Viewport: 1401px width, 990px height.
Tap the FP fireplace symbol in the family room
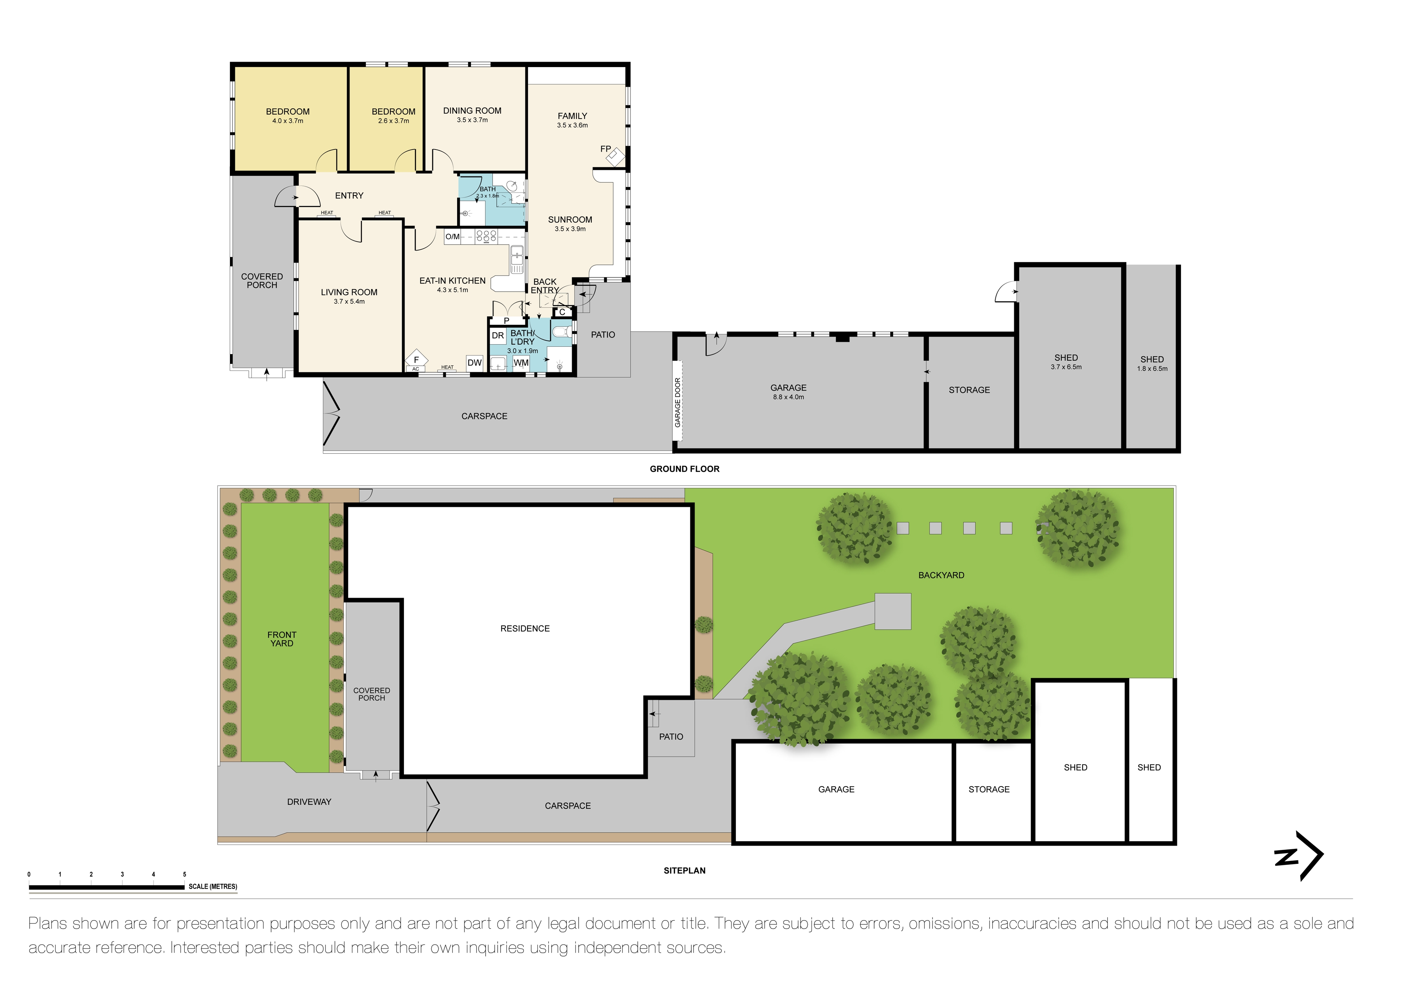tap(614, 156)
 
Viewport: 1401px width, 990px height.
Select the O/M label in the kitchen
tap(452, 237)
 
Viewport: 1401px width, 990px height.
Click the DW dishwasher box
tap(474, 363)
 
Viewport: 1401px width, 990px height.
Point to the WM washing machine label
tap(521, 363)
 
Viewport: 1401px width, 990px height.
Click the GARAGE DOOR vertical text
tap(677, 402)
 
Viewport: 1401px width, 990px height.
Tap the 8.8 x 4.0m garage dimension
tap(788, 397)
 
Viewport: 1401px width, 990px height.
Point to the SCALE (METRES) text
tap(212, 886)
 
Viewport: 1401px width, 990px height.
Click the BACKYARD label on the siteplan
tap(941, 575)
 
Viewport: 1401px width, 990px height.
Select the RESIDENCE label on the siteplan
tap(525, 628)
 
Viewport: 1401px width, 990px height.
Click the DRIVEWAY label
tap(309, 801)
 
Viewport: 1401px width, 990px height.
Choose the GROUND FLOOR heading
tap(684, 469)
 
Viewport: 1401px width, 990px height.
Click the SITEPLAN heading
tap(684, 870)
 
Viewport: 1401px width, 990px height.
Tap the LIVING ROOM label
tap(349, 292)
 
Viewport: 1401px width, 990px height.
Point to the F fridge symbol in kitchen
tap(416, 360)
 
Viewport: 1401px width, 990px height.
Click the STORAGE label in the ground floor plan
tap(969, 390)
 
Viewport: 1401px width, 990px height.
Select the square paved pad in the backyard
tap(893, 611)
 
